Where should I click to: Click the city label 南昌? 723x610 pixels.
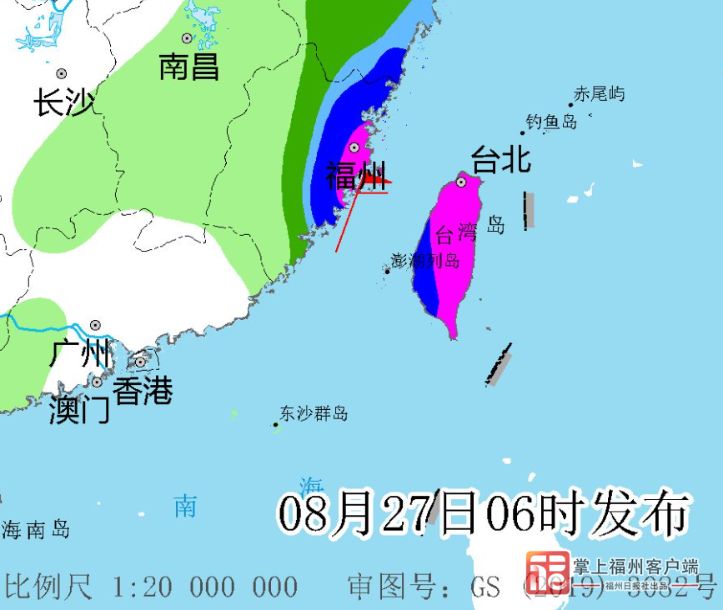189,67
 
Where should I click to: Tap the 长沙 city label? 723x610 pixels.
63,103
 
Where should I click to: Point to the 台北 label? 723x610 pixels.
501,158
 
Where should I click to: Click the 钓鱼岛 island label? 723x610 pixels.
552,122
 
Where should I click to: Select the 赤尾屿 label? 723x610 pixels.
599,94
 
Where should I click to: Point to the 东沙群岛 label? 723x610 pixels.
314,413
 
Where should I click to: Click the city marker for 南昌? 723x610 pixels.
187,38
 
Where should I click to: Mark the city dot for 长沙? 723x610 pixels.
61,73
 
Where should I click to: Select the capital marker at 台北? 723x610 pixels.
461,181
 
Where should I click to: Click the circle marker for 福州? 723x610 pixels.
354,147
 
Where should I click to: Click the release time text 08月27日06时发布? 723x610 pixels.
484,512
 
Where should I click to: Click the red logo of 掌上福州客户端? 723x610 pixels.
547,574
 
